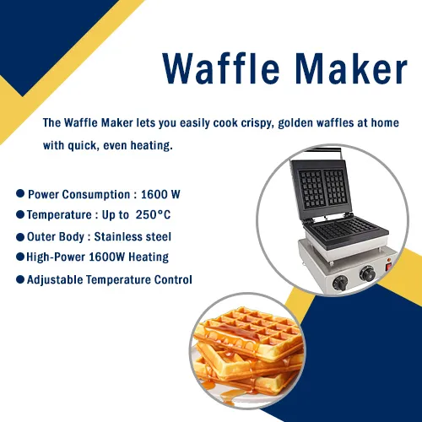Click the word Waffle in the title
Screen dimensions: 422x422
[x=221, y=68]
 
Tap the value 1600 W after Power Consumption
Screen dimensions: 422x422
[x=160, y=194]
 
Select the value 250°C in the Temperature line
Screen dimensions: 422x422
[x=153, y=214]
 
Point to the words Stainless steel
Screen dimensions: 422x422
[x=133, y=236]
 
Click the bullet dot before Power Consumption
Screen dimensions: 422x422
[x=20, y=193]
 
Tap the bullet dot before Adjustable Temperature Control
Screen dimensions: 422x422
[x=20, y=279]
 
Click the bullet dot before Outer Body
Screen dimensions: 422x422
[x=20, y=237]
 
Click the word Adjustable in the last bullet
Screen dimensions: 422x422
[x=55, y=280]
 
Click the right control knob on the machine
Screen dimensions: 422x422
[x=368, y=273]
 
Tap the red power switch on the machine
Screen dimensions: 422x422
[x=389, y=267]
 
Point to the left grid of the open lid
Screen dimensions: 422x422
[x=311, y=188]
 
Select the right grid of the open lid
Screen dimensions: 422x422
[x=335, y=187]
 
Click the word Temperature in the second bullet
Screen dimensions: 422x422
[x=59, y=215]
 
